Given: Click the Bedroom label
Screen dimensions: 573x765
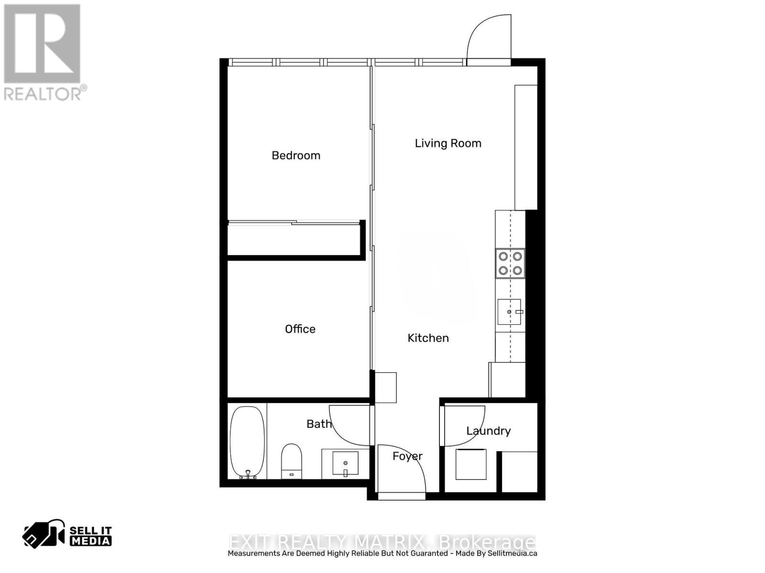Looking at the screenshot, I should tap(296, 155).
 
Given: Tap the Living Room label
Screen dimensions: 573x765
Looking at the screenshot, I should tap(448, 143).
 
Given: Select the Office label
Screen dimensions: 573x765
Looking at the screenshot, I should tap(300, 329).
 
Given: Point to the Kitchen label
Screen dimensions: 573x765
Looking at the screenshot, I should tap(428, 338).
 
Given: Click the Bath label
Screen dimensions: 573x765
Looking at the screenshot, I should tap(319, 424).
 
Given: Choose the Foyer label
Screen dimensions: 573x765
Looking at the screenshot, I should tap(407, 456).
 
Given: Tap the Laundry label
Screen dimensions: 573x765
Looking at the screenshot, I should tap(488, 431).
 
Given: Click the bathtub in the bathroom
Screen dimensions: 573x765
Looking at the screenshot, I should tap(247, 442).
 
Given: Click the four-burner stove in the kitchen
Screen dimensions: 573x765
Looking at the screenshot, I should tap(510, 263).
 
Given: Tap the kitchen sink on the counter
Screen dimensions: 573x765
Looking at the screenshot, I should tap(510, 312).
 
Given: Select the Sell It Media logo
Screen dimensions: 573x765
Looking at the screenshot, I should tap(67, 535).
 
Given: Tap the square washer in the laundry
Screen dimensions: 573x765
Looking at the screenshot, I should tap(471, 464).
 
